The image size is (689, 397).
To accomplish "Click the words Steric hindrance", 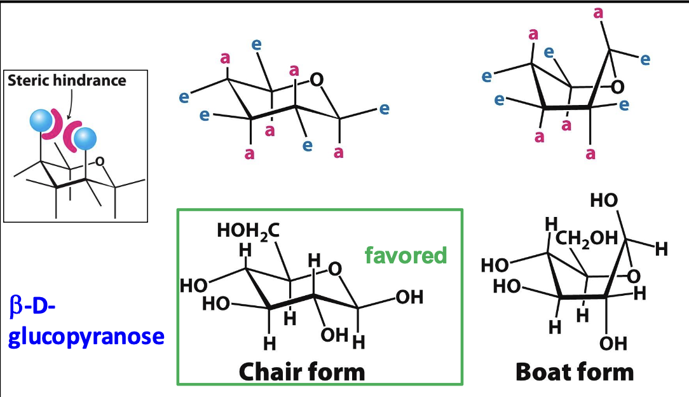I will (67, 81).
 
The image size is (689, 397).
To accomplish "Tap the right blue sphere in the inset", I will (84, 138).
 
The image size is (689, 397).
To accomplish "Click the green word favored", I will (406, 255).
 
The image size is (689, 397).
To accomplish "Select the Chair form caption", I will (302, 371).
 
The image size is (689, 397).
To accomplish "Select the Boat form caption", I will (575, 371).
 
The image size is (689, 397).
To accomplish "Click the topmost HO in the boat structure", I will (604, 201).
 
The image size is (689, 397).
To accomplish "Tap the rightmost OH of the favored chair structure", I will (409, 298).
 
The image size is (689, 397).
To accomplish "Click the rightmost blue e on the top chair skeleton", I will (383, 109).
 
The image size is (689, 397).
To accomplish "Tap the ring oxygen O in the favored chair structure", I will (336, 270).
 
